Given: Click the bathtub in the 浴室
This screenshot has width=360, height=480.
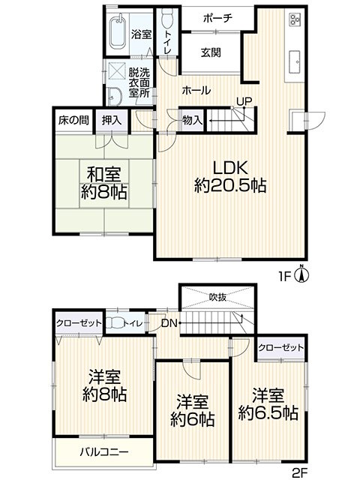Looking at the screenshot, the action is [118, 31].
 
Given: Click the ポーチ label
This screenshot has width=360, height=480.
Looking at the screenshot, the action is [217, 19].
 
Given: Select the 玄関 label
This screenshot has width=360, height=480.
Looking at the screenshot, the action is [211, 52].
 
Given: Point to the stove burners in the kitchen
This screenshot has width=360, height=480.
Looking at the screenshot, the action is [295, 18].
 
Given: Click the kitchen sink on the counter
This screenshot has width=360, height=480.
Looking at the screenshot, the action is [295, 61].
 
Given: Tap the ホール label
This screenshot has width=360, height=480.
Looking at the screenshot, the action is [196, 91].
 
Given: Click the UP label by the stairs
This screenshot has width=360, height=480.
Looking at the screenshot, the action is [244, 101].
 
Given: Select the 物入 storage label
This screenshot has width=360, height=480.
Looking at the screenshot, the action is [192, 120].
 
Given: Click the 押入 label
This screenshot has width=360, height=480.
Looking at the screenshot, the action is [112, 120].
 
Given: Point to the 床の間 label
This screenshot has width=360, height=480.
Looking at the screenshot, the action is [73, 120].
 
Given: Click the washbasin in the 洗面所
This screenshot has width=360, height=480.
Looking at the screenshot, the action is [115, 97].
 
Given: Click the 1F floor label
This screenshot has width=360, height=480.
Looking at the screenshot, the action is [284, 277].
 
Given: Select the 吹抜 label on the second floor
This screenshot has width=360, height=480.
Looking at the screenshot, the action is [218, 297].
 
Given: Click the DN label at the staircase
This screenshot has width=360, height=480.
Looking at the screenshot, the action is [169, 323].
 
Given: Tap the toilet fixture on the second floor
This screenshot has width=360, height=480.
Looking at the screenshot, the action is [115, 323].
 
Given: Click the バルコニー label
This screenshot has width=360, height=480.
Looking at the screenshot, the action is [104, 451].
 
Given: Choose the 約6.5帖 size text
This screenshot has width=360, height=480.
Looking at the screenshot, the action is [268, 413].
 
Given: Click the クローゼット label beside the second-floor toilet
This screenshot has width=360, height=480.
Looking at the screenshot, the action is [79, 323].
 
